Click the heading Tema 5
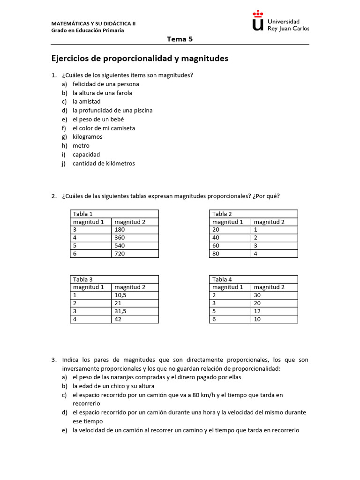pos(180,39)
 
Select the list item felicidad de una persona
pos(105,84)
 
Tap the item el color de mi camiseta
pos(104,128)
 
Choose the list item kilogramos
pos(87,137)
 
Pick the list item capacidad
pos(86,154)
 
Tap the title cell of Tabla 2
pos(253,214)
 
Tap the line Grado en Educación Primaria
pos(88,30)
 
